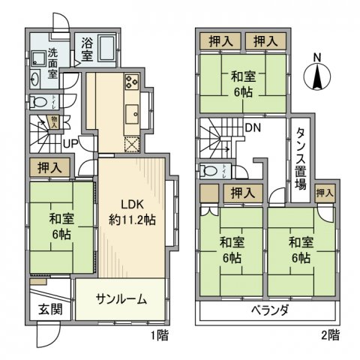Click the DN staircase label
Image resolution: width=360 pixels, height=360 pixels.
(x=253, y=127)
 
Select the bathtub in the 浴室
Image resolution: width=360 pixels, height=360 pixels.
(x=104, y=50)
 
